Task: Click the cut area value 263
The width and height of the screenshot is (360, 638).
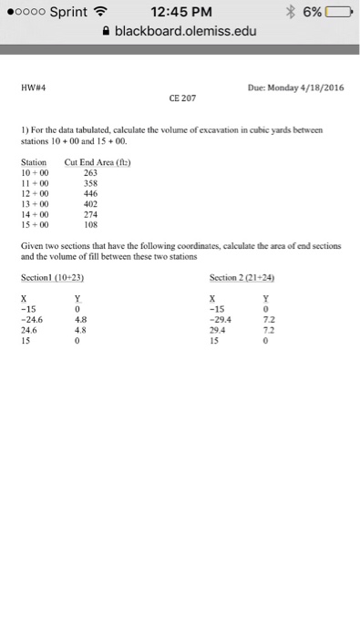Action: tap(89, 171)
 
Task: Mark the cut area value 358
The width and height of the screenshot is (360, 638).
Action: tap(89, 182)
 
